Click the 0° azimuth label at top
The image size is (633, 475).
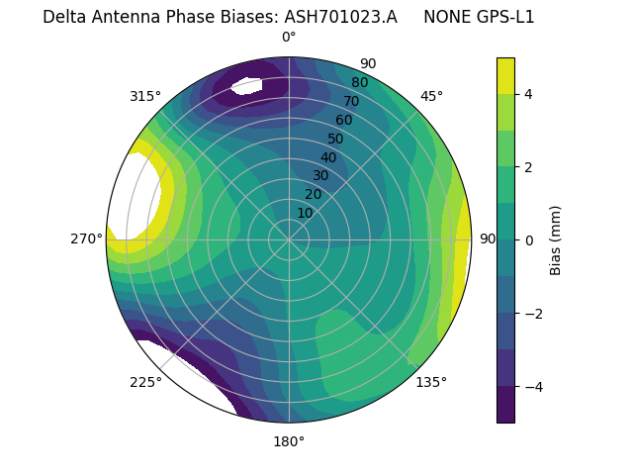click(289, 38)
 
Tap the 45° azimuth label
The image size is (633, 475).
click(431, 96)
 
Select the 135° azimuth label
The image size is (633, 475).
click(431, 382)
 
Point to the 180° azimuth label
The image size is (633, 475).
click(289, 441)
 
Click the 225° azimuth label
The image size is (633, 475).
click(145, 382)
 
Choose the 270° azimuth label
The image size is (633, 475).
click(86, 238)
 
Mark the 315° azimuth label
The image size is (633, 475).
click(145, 96)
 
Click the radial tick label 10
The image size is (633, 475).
click(305, 213)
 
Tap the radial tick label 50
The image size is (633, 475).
click(335, 139)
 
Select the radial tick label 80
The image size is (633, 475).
click(359, 82)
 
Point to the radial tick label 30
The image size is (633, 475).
click(320, 176)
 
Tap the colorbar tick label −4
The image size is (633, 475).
click(530, 387)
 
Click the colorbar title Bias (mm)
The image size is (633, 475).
click(556, 240)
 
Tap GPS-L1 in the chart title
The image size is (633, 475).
click(504, 17)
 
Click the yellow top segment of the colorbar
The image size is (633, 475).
click(505, 75)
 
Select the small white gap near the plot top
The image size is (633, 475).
click(247, 86)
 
